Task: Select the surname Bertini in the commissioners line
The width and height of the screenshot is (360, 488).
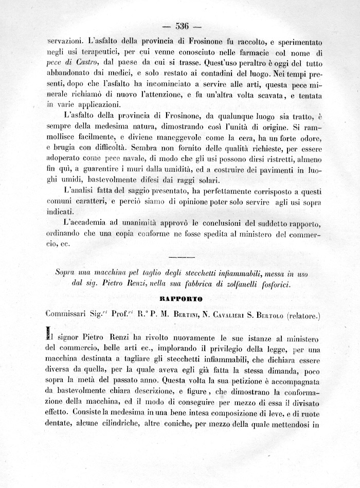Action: point(188,312)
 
